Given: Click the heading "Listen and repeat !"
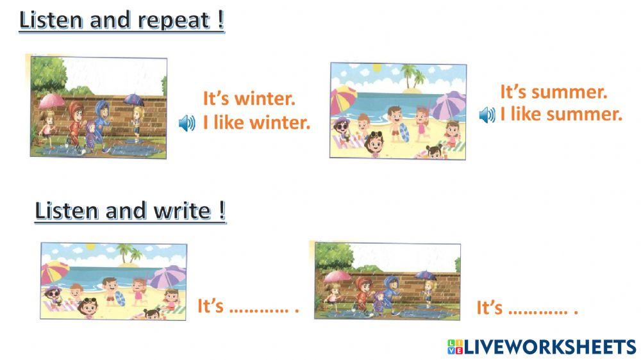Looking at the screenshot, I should coord(122,20).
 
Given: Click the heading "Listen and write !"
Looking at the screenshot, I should coord(130,211).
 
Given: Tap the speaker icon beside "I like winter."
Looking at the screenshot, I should coord(187,124).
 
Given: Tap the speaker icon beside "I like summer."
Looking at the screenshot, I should coord(487,115).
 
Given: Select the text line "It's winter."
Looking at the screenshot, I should coord(249,99).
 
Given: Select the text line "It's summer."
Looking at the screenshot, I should coord(553,92).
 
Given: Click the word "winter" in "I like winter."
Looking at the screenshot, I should coord(281,122).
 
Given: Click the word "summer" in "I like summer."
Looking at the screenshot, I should coord(585,115).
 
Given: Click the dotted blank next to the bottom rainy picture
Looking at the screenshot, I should coord(538,311).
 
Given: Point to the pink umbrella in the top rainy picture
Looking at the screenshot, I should coord(51,101).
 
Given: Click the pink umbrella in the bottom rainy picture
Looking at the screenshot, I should coord(337,277).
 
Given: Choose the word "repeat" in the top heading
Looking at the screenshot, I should coord(174,20).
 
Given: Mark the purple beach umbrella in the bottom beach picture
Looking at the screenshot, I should coord(169,275).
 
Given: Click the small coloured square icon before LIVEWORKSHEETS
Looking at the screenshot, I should coord(454,347).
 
